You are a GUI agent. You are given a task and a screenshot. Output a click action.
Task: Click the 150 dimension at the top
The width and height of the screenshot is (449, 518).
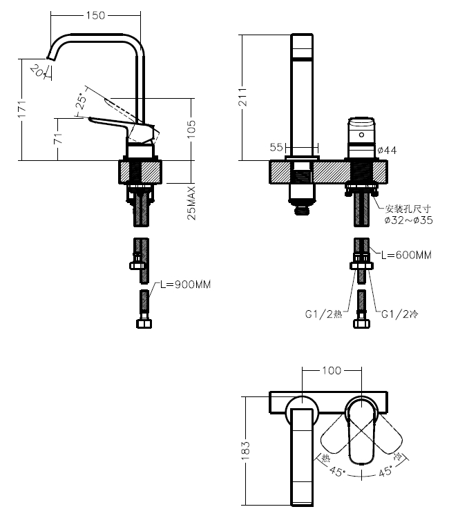pyautogui.click(x=95, y=15)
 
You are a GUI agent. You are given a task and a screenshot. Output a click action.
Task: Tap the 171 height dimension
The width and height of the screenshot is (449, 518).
pyautogui.click(x=22, y=108)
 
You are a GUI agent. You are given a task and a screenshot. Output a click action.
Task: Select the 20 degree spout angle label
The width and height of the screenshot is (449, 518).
pyautogui.click(x=37, y=70)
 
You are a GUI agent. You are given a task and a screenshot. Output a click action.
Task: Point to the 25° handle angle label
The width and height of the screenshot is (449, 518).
pyautogui.click(x=82, y=101)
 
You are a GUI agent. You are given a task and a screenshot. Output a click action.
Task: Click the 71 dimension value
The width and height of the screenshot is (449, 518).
pyautogui.click(x=58, y=138)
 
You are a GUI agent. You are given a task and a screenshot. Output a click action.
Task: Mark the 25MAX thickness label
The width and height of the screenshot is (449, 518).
pyautogui.click(x=191, y=203)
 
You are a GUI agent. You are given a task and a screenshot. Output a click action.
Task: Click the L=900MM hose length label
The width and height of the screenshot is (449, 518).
pyautogui.click(x=185, y=285)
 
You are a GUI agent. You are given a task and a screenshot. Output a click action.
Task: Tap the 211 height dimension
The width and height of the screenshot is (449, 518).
pyautogui.click(x=243, y=97)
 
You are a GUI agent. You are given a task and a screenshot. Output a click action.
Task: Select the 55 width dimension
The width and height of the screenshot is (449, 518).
pyautogui.click(x=276, y=147)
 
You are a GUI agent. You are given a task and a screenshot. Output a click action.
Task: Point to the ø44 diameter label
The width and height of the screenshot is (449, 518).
pyautogui.click(x=387, y=151)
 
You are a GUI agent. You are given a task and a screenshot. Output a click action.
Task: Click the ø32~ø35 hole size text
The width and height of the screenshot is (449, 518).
pyautogui.click(x=409, y=220)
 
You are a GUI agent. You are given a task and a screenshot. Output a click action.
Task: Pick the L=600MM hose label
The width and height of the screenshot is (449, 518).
pyautogui.click(x=406, y=255)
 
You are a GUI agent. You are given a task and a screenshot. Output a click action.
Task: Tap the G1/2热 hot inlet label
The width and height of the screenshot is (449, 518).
pyautogui.click(x=323, y=314)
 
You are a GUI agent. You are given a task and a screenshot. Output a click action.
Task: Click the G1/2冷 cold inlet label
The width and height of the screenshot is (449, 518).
pyautogui.click(x=399, y=314)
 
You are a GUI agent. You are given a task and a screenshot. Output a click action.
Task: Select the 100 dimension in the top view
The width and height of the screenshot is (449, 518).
pyautogui.click(x=332, y=370)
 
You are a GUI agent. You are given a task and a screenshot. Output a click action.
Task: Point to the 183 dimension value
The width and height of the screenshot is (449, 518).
pyautogui.click(x=246, y=450)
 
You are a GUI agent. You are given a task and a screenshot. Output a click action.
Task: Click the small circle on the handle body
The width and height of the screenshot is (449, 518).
pyautogui.click(x=361, y=135)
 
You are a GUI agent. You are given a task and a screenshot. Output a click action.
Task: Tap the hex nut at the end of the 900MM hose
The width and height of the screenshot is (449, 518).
pyautogui.click(x=144, y=323)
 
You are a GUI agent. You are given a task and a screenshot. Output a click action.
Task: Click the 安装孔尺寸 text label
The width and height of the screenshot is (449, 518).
pyautogui.click(x=408, y=209)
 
